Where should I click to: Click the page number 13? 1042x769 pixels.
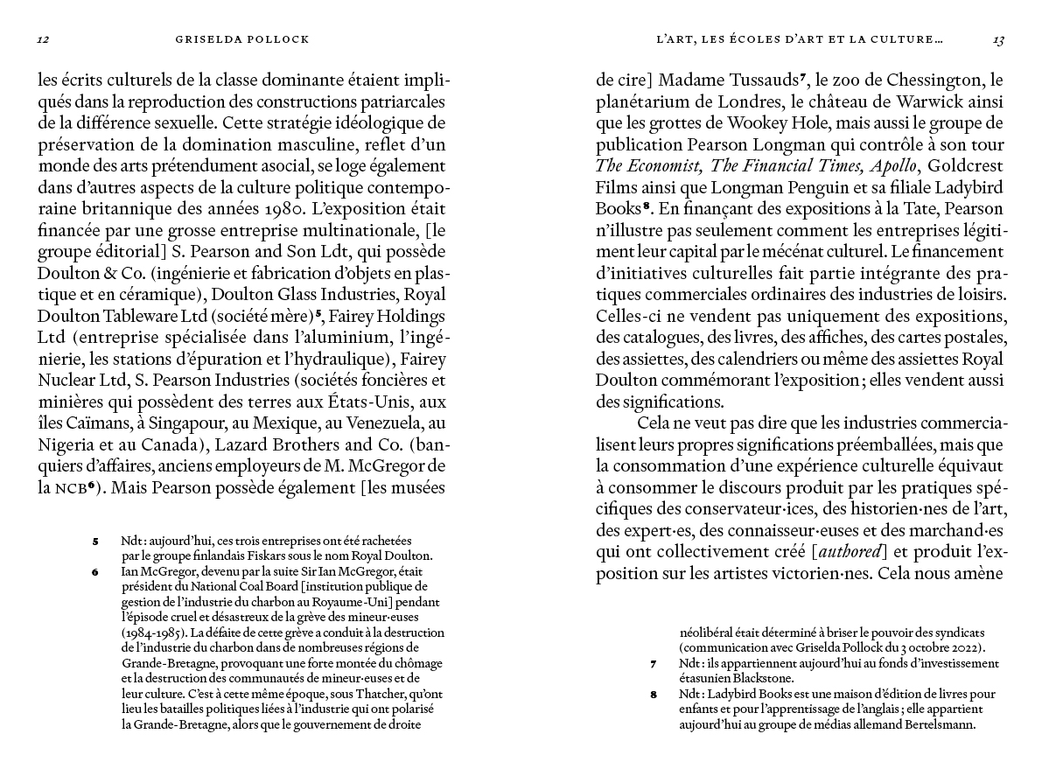[997, 39]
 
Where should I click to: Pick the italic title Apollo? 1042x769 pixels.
[892, 165]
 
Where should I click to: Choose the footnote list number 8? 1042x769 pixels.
[654, 695]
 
